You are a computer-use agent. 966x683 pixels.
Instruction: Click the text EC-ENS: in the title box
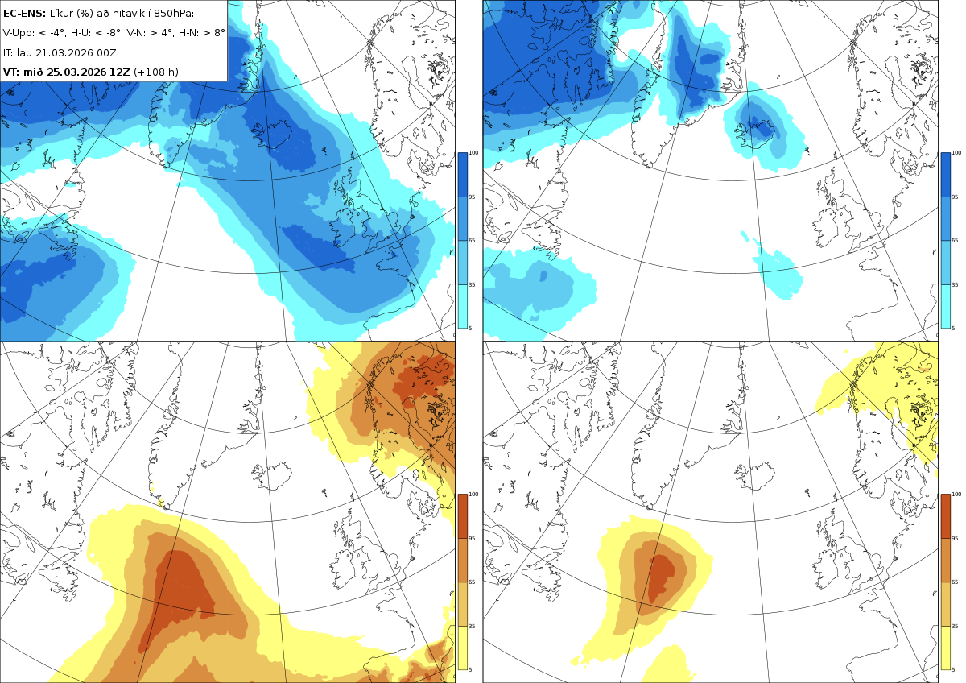click(x=24, y=14)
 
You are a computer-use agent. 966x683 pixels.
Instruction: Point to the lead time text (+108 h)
click(x=155, y=72)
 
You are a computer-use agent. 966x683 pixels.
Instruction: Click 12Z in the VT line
click(x=120, y=72)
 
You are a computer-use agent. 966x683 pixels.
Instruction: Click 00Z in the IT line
click(x=106, y=52)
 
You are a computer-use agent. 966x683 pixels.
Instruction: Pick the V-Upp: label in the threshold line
click(x=18, y=33)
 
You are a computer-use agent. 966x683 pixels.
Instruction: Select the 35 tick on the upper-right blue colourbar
click(x=955, y=285)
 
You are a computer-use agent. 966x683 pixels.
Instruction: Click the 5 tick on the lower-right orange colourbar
click(x=953, y=669)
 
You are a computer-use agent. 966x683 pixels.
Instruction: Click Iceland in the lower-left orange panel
click(x=271, y=474)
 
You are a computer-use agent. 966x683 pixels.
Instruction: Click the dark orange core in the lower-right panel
click(x=661, y=578)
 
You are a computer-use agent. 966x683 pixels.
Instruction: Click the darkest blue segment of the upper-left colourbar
click(x=462, y=175)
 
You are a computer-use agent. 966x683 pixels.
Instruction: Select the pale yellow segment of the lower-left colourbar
click(x=462, y=648)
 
